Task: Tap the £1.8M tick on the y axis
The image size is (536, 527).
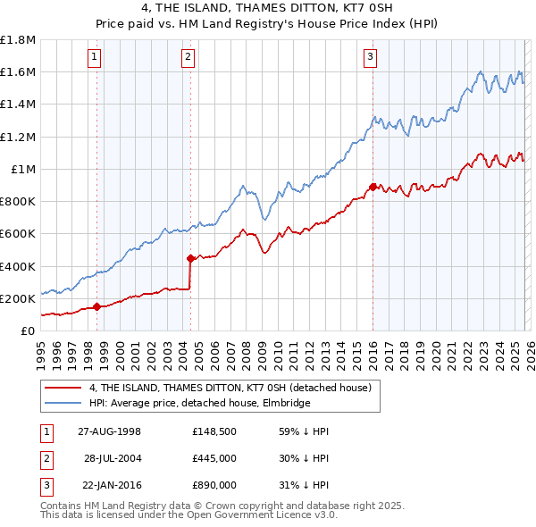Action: [x=18, y=40]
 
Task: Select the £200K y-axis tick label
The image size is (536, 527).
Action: [x=18, y=298]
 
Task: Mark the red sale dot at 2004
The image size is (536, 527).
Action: [x=190, y=259]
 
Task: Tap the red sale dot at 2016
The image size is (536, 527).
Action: [x=372, y=187]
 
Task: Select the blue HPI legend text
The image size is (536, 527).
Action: [x=199, y=403]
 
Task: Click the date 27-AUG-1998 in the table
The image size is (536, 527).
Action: [x=109, y=431]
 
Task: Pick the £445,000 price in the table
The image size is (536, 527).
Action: [x=214, y=458]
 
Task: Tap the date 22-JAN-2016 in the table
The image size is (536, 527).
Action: [x=109, y=485]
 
